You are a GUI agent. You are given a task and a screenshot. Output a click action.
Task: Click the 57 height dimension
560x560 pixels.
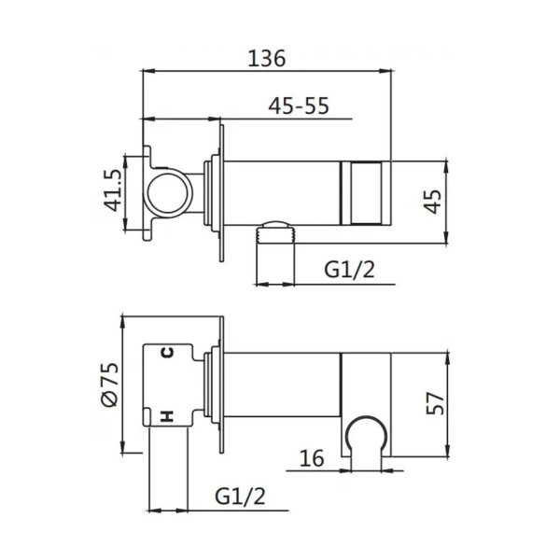(x=432, y=402)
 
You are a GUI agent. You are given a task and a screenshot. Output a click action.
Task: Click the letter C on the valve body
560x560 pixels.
(x=167, y=353)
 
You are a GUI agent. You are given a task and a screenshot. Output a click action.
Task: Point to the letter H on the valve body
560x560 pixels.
(x=167, y=415)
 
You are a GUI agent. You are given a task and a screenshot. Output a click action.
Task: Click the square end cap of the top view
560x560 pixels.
(x=368, y=193)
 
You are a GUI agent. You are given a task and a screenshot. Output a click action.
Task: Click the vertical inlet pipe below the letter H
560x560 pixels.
(x=168, y=471)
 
